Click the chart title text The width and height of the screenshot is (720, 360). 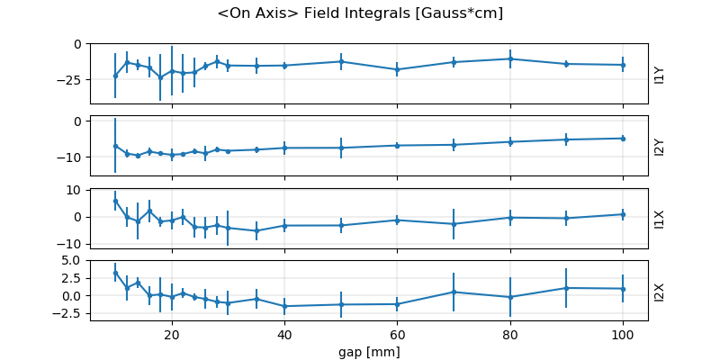(x=360, y=13)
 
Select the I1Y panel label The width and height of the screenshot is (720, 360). (x=660, y=74)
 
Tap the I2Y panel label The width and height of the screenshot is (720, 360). (x=660, y=146)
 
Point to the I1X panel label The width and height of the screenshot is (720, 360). (x=660, y=218)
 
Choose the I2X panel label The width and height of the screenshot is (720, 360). (x=660, y=290)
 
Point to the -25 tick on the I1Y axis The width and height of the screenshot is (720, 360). (x=68, y=79)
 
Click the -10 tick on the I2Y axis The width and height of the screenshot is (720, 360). (x=68, y=157)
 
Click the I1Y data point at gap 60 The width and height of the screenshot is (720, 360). (x=397, y=69)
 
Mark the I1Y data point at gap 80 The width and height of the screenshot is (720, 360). (x=510, y=58)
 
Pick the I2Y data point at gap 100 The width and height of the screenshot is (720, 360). (x=623, y=139)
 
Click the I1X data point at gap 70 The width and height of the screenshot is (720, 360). (x=454, y=224)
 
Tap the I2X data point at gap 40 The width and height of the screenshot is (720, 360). (x=284, y=306)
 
